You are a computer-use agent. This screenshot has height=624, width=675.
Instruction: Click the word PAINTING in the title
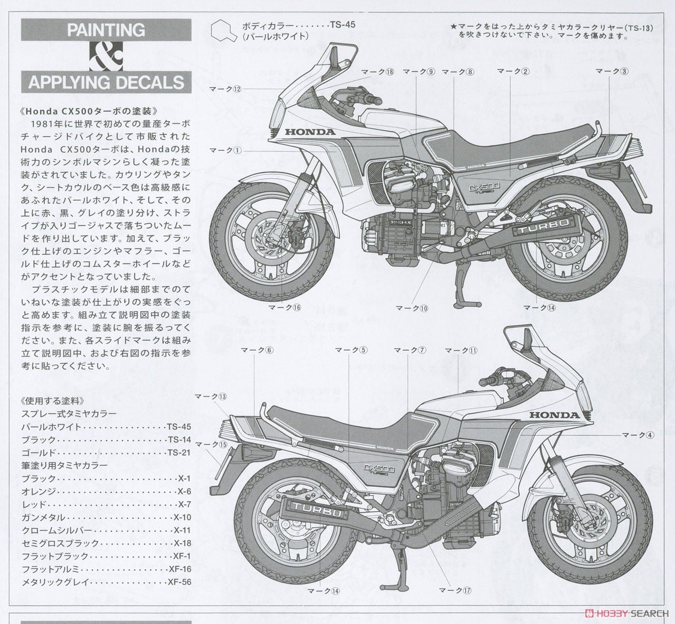tap(106, 29)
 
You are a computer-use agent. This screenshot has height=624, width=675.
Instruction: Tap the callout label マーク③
tap(611, 71)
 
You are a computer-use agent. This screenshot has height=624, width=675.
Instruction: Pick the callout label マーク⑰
tap(454, 590)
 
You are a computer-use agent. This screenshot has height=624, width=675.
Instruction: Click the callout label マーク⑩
tap(412, 308)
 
